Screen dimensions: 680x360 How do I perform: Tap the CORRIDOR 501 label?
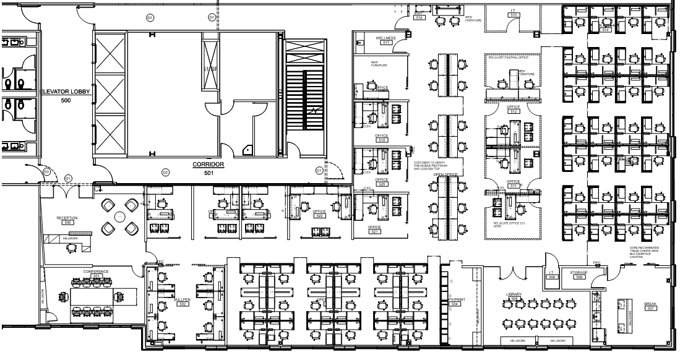coord(208,169)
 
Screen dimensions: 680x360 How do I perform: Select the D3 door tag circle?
coord(46,171)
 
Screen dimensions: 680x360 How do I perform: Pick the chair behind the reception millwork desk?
coord(72,247)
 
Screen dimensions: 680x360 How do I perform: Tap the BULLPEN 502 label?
coord(181,301)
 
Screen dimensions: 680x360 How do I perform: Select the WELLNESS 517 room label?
coord(385,40)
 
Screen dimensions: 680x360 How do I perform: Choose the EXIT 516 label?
coord(419,15)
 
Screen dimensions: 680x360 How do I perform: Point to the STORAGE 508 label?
coord(579,275)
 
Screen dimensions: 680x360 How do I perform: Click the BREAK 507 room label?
coord(650,306)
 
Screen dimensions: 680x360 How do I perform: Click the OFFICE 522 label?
coord(319,213)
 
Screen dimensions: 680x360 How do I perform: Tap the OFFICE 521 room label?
coord(375,230)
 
